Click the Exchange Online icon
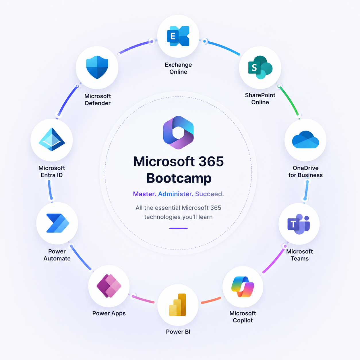(178, 36)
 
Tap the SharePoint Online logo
(260, 67)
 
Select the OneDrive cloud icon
(305, 140)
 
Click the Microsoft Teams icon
(299, 224)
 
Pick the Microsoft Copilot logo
(243, 287)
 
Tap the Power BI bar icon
(177, 305)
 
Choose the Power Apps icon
(109, 286)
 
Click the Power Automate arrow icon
(57, 223)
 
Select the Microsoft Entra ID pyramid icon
(52, 139)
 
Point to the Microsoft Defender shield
(97, 67)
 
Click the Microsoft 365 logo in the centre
(178, 132)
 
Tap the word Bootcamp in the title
(179, 178)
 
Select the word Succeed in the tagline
(209, 194)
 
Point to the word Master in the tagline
(144, 194)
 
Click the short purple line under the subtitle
(178, 228)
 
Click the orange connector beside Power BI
(211, 300)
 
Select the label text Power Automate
(57, 255)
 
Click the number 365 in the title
(211, 161)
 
